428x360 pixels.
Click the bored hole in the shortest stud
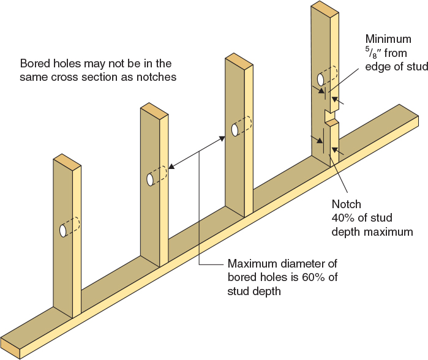tap(63, 231)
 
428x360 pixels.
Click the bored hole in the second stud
tap(150, 179)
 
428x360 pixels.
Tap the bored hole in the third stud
tap(235, 130)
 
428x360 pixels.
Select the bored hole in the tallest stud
tap(320, 80)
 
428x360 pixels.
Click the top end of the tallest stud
tap(324, 8)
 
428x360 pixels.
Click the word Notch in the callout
tap(346, 204)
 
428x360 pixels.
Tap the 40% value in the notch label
tap(343, 219)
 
